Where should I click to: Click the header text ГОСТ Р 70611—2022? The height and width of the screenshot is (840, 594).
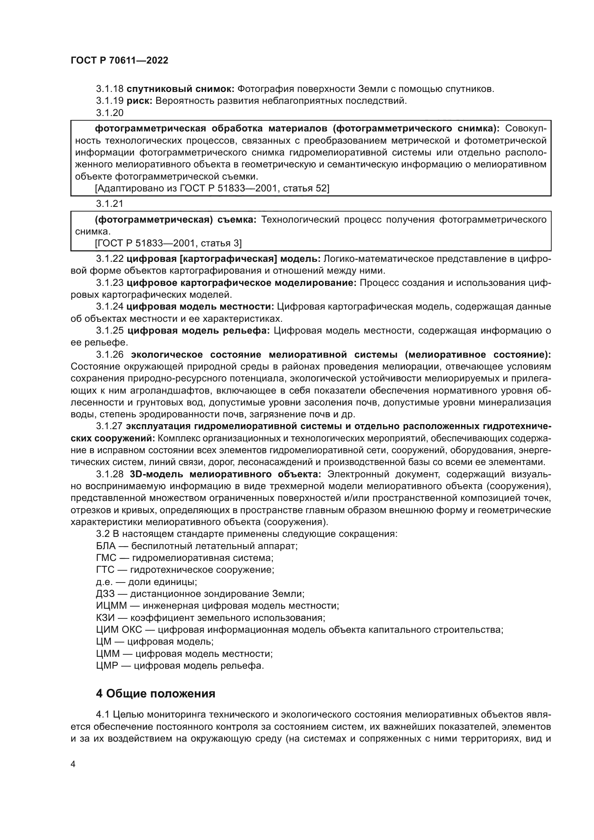[119, 61]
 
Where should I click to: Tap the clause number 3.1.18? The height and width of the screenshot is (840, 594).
[110, 89]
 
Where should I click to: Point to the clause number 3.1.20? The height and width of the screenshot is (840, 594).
[110, 113]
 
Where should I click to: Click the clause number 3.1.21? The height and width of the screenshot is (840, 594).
[110, 204]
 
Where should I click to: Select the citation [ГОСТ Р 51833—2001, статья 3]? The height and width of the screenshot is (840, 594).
[168, 243]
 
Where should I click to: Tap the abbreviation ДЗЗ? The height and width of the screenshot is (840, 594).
[105, 593]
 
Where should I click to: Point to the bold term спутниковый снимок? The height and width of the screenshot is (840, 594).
[180, 89]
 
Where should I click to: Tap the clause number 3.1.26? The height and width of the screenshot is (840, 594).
[110, 355]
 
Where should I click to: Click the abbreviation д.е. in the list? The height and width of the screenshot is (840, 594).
[104, 582]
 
